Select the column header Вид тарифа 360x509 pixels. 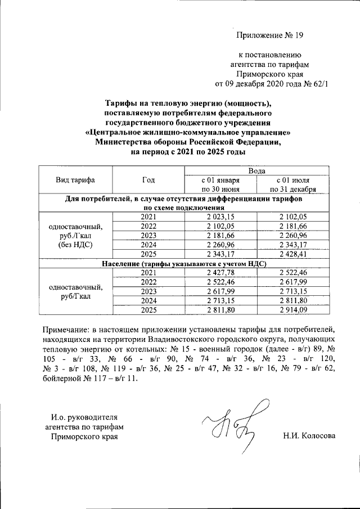[x=75, y=180]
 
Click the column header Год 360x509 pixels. [x=148, y=180]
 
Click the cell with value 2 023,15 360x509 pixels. [x=220, y=217]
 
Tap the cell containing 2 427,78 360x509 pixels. [x=220, y=272]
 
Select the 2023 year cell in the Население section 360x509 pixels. [x=148, y=291]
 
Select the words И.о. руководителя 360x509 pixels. [x=84, y=417]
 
